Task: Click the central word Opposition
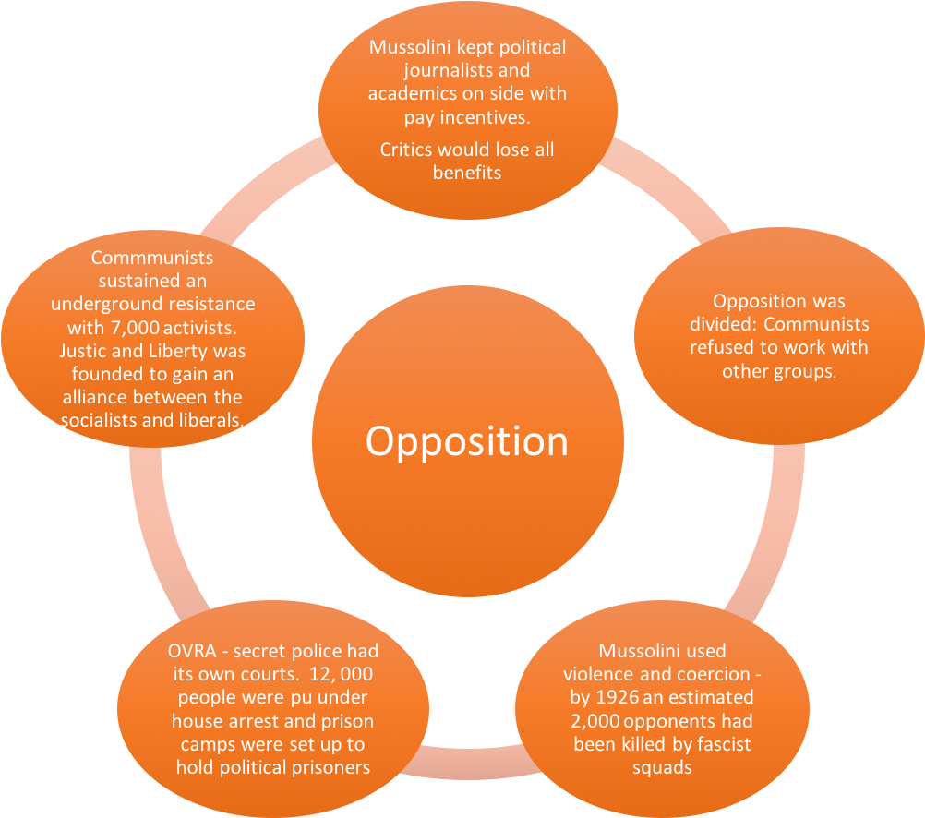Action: click(466, 441)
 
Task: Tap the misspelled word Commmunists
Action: click(152, 258)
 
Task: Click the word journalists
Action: click(426, 70)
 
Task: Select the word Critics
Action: click(406, 150)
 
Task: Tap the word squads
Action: click(661, 768)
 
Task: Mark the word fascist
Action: click(725, 744)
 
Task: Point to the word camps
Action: click(199, 744)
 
